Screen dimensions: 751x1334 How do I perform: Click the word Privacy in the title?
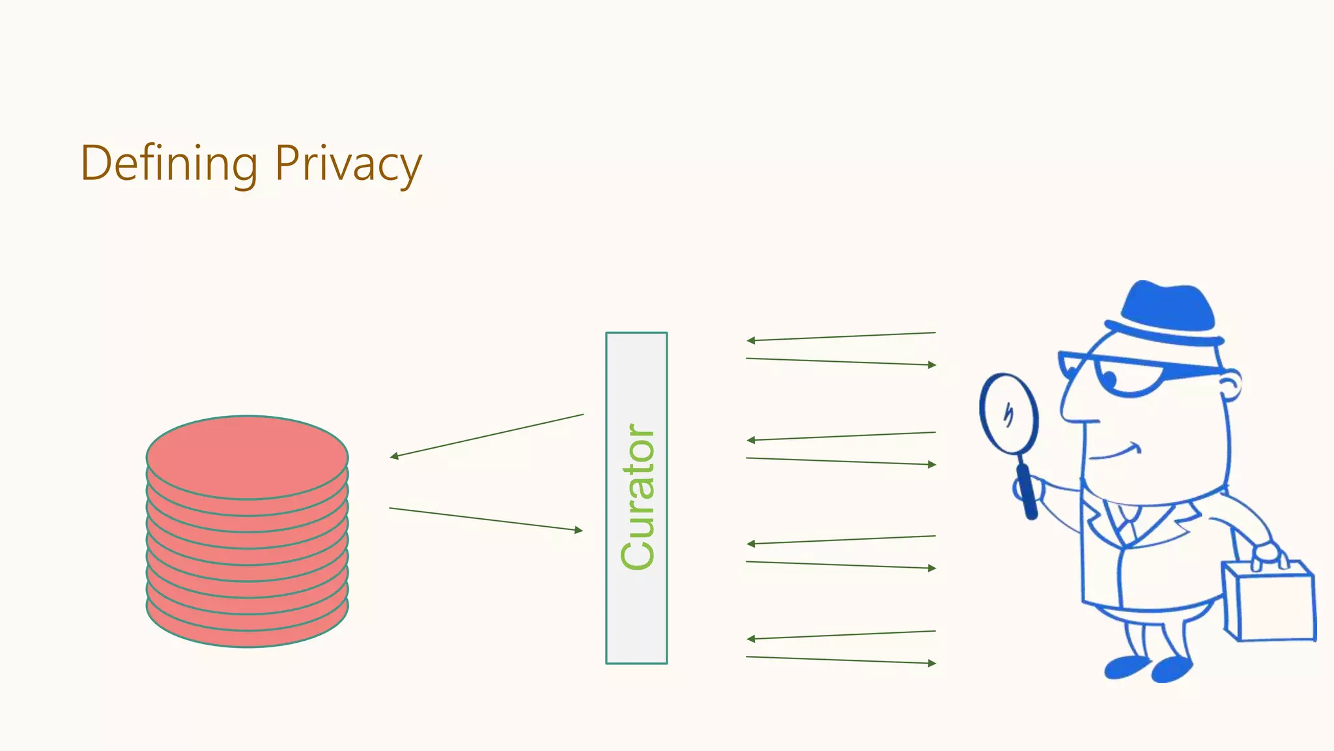pos(348,164)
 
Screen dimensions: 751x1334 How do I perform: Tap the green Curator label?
pos(638,497)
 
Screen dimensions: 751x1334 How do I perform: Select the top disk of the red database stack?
pos(247,456)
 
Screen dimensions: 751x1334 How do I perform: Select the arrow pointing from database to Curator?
pos(486,520)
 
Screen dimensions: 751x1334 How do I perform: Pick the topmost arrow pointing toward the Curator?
pos(840,336)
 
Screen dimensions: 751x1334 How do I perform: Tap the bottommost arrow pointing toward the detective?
pos(840,660)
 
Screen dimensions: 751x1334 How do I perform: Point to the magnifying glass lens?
pos(1008,413)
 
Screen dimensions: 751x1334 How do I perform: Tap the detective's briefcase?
pos(1270,603)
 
